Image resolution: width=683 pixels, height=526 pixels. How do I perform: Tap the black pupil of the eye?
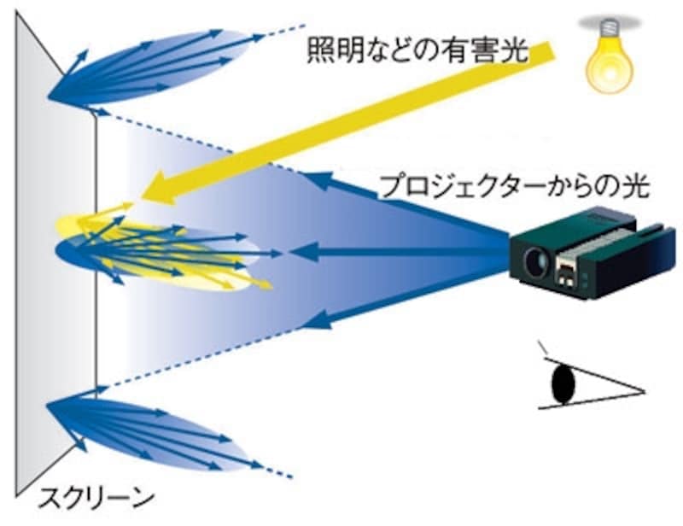[x=563, y=383]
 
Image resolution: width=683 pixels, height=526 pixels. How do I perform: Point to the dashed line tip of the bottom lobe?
[x=286, y=475]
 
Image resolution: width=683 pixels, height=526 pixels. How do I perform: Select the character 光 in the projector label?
[x=638, y=187]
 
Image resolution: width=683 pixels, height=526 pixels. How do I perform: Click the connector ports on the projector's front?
[x=569, y=272]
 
